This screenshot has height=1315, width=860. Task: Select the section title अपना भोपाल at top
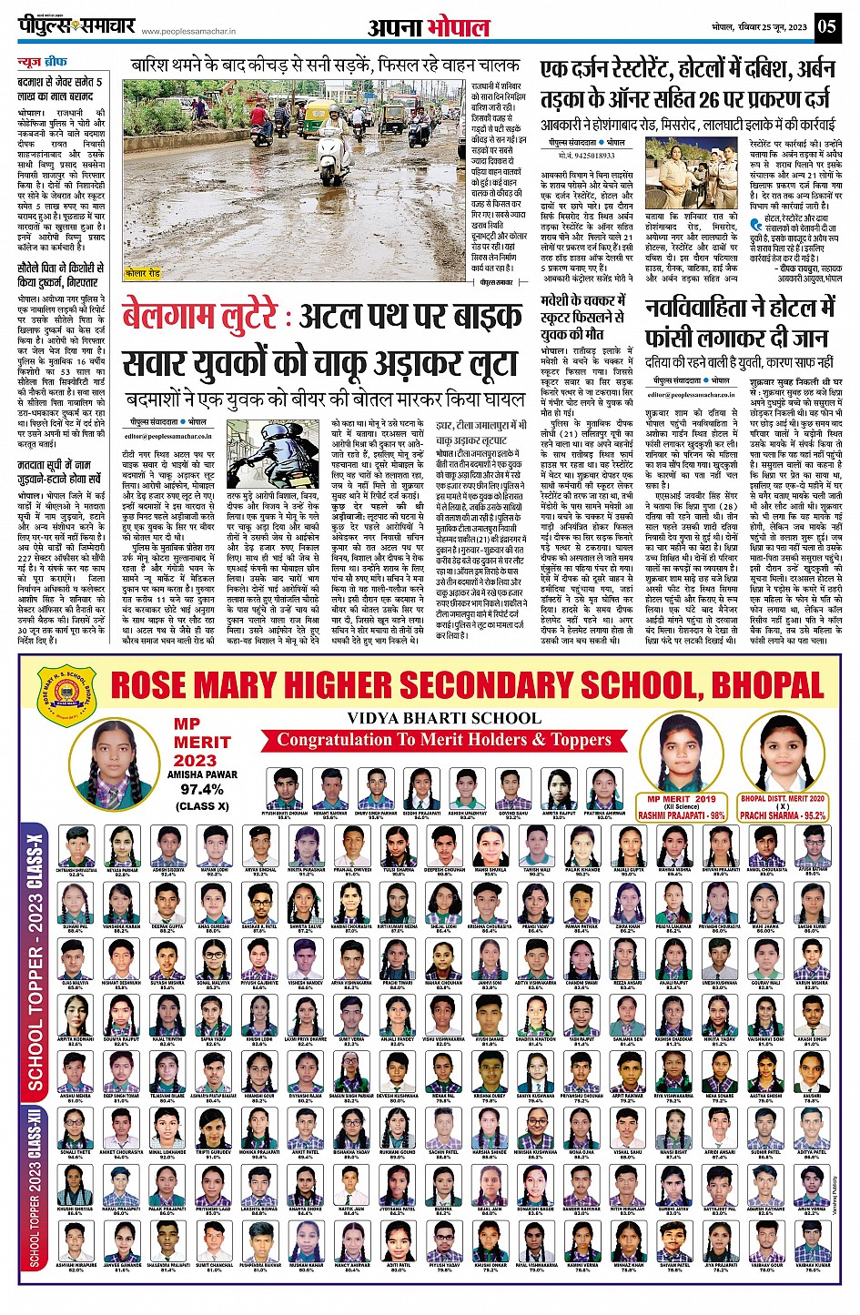click(429, 27)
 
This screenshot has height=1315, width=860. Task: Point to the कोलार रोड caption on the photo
click(143, 273)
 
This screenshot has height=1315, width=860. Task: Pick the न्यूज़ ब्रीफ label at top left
click(43, 63)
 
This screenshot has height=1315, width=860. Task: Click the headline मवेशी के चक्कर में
click(582, 300)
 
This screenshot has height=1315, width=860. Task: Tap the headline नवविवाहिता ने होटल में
click(739, 309)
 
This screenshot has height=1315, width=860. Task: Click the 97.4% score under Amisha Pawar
click(201, 790)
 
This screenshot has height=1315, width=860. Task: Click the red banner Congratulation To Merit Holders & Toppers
click(444, 740)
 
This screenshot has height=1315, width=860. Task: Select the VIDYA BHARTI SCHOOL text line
click(443, 718)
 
